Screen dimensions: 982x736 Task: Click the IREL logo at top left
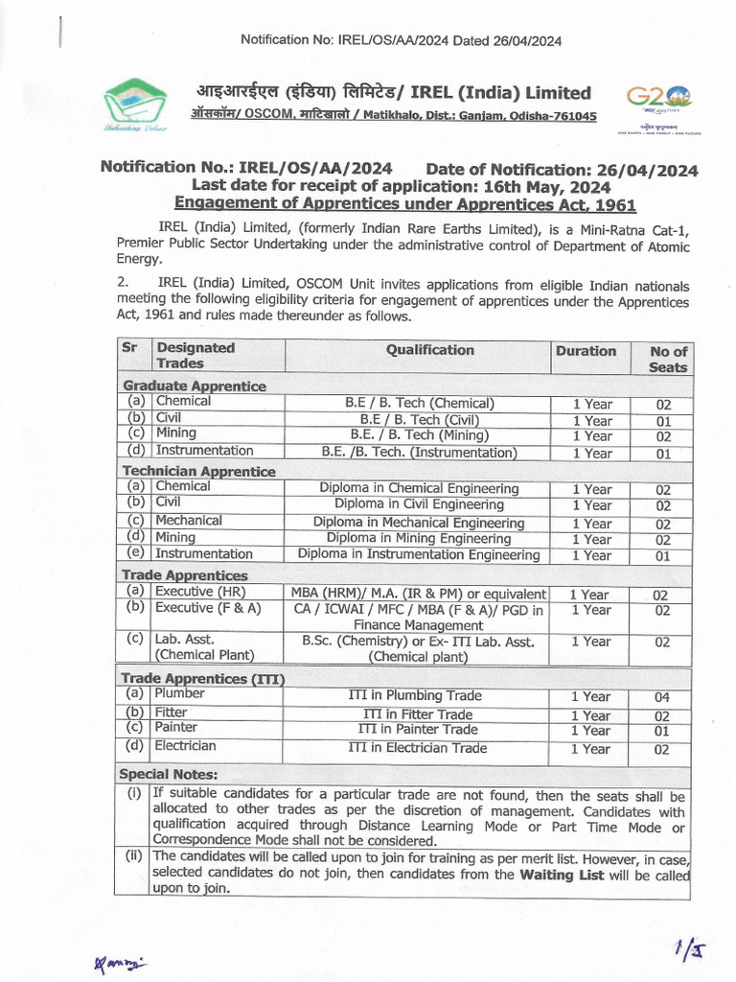pos(135,105)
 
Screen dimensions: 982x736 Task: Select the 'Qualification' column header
pos(429,350)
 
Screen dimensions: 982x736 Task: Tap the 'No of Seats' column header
pos(668,359)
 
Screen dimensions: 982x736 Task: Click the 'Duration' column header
pos(586,351)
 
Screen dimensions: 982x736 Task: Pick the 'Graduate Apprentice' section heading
pos(193,386)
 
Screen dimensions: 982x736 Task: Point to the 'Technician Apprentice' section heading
pos(197,471)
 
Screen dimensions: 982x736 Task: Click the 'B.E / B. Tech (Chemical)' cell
pos(419,403)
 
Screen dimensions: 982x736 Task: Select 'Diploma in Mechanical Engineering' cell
pos(419,523)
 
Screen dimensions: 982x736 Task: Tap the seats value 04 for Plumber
pos(662,697)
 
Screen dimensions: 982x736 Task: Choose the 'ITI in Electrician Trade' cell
pos(417,748)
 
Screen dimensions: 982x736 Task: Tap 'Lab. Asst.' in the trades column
pos(185,639)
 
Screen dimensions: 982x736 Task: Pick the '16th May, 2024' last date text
pos(540,186)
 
